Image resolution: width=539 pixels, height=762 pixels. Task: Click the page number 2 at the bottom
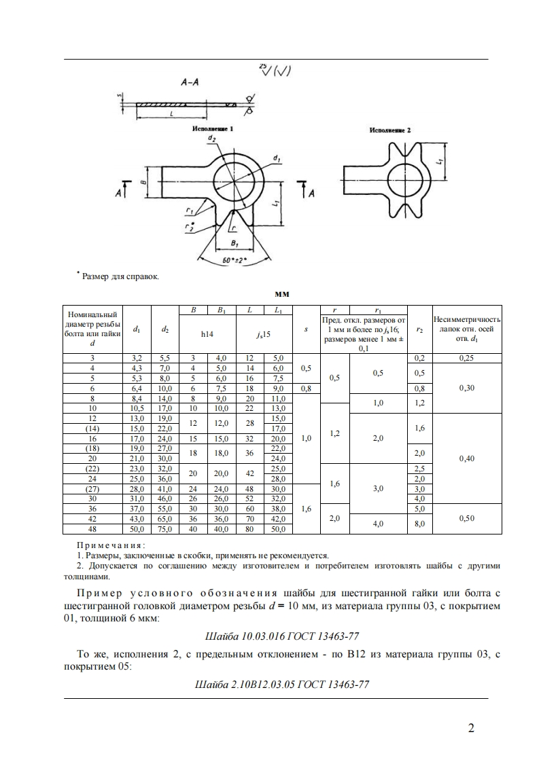click(471, 729)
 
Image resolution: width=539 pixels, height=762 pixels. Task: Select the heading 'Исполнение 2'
click(390, 129)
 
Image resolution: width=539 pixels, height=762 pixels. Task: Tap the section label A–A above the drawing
click(190, 82)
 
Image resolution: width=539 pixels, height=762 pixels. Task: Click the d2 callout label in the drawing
click(212, 139)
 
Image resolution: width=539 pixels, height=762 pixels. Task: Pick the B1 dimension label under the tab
click(234, 242)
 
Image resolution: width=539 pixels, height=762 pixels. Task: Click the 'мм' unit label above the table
click(282, 295)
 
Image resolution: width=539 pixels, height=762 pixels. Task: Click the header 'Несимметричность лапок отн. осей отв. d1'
click(467, 329)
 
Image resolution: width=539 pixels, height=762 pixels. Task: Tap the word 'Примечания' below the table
click(109, 545)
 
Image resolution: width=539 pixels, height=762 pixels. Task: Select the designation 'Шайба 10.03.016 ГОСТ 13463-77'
click(281, 636)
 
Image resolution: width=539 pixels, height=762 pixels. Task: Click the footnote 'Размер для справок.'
click(120, 276)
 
